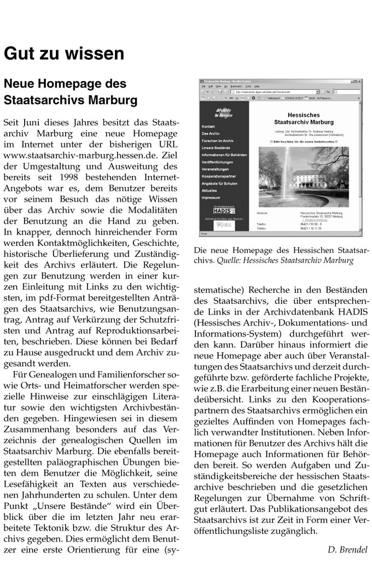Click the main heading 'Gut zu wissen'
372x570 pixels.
[x=64, y=54]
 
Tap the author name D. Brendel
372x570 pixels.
[x=348, y=549]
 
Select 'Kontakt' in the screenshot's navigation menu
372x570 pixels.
[x=208, y=126]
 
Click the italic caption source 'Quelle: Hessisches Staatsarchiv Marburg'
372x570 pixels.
[x=300, y=260]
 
